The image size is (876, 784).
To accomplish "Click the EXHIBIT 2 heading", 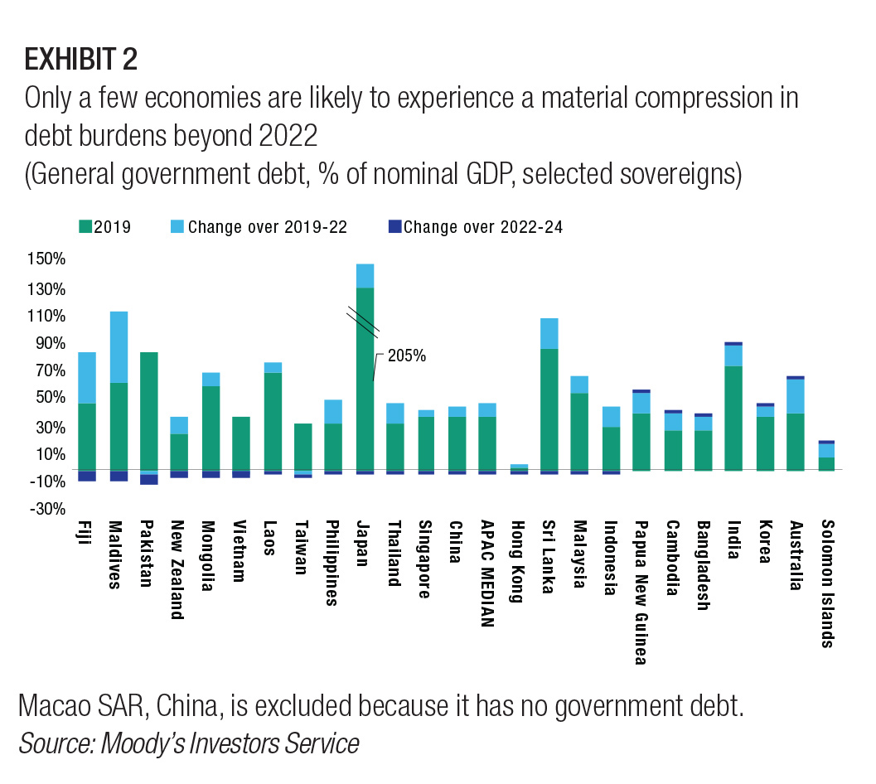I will point(81,60).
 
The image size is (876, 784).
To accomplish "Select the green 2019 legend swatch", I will point(84,227).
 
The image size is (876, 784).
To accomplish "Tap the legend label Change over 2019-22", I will point(267,227).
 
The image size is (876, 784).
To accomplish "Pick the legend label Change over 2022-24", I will point(484,227).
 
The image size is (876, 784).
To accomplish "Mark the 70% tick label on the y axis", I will point(48,370).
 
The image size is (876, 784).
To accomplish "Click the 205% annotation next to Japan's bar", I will point(407,356).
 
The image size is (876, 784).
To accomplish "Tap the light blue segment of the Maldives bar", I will point(119,346).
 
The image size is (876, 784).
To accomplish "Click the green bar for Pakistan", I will point(149,410).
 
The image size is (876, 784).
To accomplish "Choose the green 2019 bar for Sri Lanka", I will point(549,409).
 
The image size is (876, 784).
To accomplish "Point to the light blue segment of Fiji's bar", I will point(87,377).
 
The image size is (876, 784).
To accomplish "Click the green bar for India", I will point(733,418).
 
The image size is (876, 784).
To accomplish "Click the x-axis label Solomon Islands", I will point(826,583).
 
